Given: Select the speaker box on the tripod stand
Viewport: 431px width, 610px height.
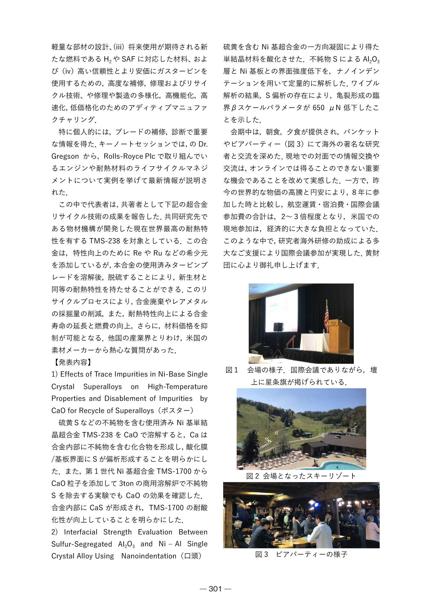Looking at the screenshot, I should click(278, 327).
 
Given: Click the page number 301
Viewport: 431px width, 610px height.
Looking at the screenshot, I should click(215, 589).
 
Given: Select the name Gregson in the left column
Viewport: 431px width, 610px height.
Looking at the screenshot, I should click(65, 156).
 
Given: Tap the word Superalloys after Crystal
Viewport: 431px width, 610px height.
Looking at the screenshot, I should click(102, 387).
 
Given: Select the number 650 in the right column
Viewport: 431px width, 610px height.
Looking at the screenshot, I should click(318, 108).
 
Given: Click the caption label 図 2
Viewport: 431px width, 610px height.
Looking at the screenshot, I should click(252, 476).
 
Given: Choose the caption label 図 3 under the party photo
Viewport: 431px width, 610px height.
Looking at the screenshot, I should click(261, 554).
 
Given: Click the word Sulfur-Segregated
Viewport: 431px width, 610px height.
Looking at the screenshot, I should click(82, 544).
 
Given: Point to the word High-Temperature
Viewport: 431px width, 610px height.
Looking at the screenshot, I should click(178, 387).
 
